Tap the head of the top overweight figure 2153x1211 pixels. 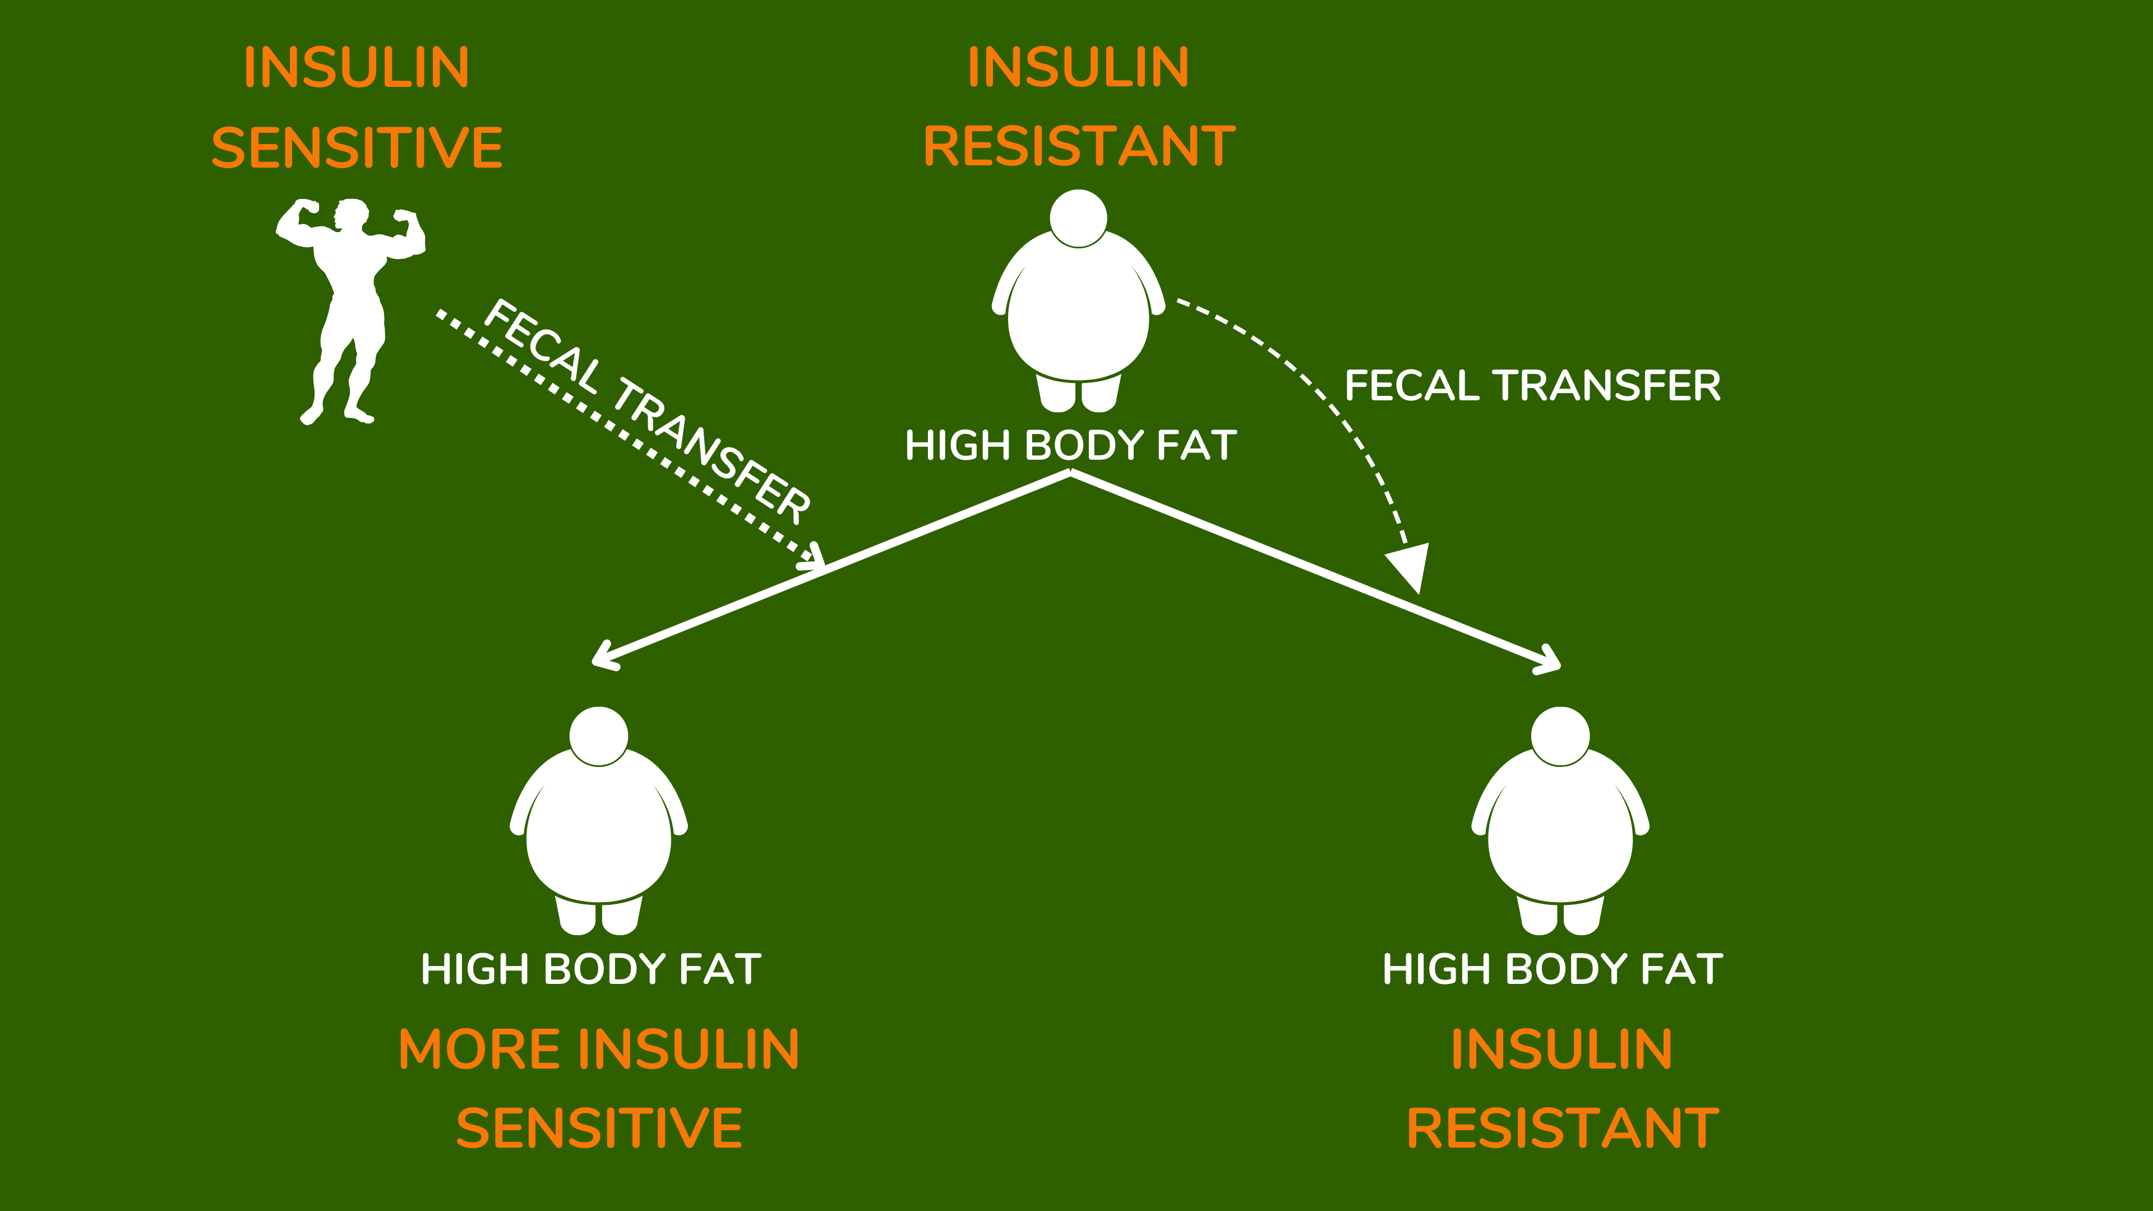[x=1078, y=218]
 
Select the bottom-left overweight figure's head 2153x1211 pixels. [x=598, y=736]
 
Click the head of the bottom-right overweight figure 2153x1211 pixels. [x=1560, y=736]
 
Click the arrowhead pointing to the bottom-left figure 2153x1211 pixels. [x=603, y=655]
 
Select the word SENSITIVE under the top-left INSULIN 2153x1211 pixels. [x=357, y=148]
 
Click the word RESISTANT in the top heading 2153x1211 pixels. [x=1079, y=146]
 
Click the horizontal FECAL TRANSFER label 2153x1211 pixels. [x=1532, y=386]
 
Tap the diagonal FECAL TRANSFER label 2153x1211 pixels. [x=647, y=409]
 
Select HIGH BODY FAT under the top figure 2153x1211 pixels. [x=1071, y=446]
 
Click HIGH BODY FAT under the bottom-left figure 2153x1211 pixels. [x=591, y=969]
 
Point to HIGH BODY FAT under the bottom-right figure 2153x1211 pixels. [x=1552, y=969]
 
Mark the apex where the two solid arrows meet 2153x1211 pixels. [x=1071, y=473]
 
